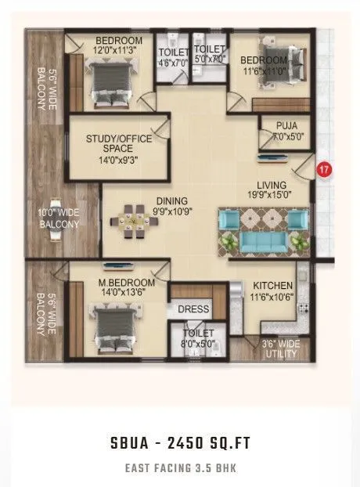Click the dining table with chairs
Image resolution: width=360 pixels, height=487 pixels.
pos(135,222)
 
